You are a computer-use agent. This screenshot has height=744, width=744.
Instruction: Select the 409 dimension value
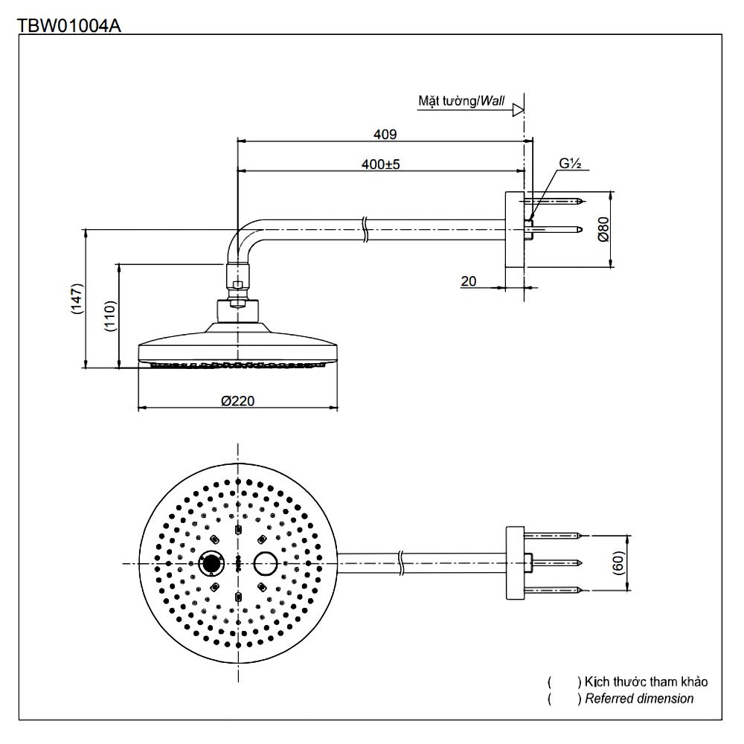tap(385, 135)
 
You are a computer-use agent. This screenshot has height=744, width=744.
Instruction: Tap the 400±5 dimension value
tap(381, 164)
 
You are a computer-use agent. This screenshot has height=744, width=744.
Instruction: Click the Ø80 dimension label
tap(603, 229)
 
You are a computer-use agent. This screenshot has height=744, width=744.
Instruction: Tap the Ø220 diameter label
tap(238, 401)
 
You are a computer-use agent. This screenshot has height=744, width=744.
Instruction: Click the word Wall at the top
tap(492, 99)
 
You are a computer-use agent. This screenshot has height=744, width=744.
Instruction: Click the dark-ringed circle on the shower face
tap(213, 563)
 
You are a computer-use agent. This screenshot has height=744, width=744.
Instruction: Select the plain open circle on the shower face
tap(265, 563)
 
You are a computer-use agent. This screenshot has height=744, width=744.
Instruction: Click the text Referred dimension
tap(639, 699)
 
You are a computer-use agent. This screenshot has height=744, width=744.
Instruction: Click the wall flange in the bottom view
tap(515, 563)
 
